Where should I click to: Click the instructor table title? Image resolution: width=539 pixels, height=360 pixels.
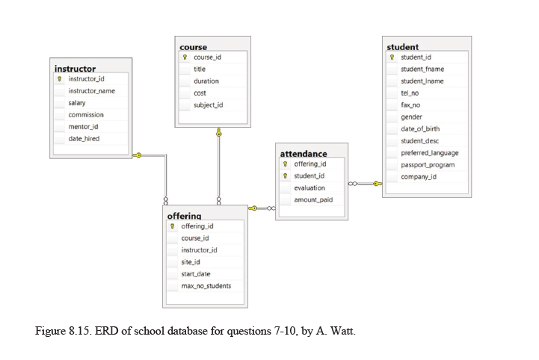pyautogui.click(x=75, y=69)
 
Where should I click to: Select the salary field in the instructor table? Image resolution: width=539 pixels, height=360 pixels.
pyautogui.click(x=77, y=103)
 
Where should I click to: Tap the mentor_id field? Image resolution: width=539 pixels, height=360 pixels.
pyautogui.click(x=83, y=127)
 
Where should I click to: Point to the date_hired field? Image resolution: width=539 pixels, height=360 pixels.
pyautogui.click(x=84, y=139)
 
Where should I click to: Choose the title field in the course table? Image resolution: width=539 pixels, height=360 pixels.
pyautogui.click(x=200, y=69)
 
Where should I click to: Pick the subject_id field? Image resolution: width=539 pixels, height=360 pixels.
pyautogui.click(x=208, y=105)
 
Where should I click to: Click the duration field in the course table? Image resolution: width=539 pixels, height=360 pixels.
pyautogui.click(x=206, y=81)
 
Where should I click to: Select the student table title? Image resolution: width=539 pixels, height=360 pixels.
pyautogui.click(x=402, y=47)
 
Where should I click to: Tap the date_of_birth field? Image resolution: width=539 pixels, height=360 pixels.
pyautogui.click(x=420, y=129)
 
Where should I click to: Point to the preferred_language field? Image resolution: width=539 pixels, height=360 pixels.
pyautogui.click(x=429, y=153)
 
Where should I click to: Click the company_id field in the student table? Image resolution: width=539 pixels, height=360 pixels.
pyautogui.click(x=419, y=177)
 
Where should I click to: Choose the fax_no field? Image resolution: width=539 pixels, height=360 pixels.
pyautogui.click(x=410, y=105)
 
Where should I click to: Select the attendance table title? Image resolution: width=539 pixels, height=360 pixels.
pyautogui.click(x=303, y=154)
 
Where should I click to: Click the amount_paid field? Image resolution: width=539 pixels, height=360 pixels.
pyautogui.click(x=313, y=200)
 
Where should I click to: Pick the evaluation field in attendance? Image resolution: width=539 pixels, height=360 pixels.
pyautogui.click(x=309, y=188)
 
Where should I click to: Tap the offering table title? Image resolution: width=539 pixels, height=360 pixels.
pyautogui.click(x=184, y=216)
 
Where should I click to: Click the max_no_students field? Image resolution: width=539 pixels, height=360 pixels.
pyautogui.click(x=206, y=286)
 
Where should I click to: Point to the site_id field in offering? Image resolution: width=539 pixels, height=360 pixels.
pyautogui.click(x=191, y=262)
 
